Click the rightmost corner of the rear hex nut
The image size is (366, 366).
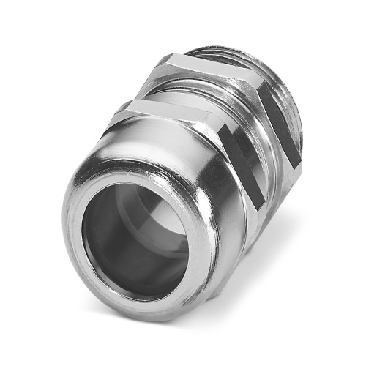tap(300, 165)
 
